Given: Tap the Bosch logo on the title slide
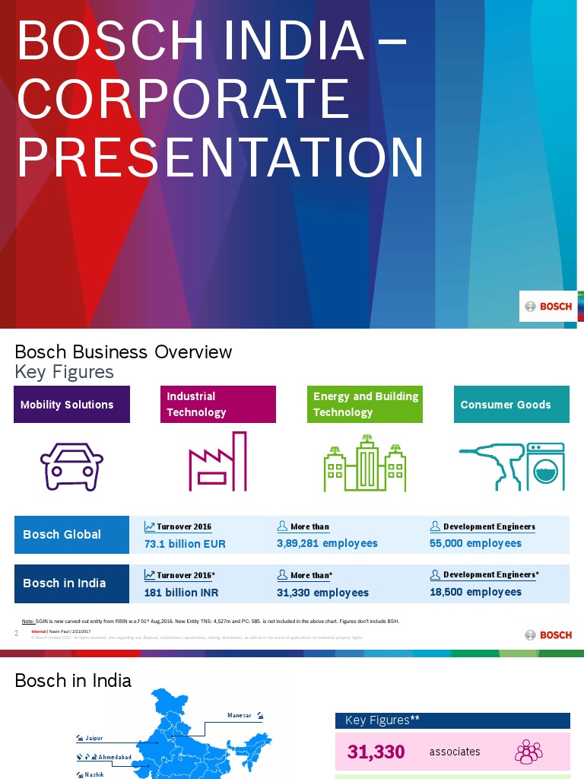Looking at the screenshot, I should click(x=548, y=307).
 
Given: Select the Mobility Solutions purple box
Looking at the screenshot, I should click(x=72, y=405).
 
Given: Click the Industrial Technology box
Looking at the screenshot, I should click(x=217, y=405).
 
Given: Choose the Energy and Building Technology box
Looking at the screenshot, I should click(x=365, y=405).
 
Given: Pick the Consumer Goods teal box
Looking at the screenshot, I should click(x=511, y=405).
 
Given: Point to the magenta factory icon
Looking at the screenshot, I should click(x=217, y=462).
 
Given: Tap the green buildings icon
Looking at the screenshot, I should click(x=365, y=463).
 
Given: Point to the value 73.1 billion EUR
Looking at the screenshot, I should click(x=185, y=544).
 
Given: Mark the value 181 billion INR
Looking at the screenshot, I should click(x=182, y=593).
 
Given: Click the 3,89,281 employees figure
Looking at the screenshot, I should click(x=327, y=543).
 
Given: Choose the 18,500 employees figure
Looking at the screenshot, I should click(x=475, y=592).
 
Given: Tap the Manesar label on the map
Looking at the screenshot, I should click(x=240, y=716).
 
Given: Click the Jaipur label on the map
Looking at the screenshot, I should click(x=94, y=738).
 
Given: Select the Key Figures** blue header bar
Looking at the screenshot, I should click(x=452, y=720).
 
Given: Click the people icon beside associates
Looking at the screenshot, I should click(x=528, y=752).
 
